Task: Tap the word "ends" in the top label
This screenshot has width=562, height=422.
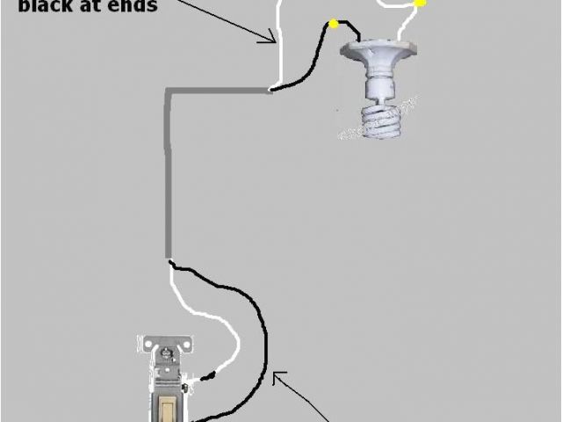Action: click(x=131, y=6)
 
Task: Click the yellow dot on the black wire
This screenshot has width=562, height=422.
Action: click(x=334, y=24)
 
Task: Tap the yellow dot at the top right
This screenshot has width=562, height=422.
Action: click(x=420, y=4)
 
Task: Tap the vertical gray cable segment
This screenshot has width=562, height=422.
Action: click(x=168, y=176)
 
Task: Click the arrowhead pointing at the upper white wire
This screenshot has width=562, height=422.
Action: click(x=273, y=39)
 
